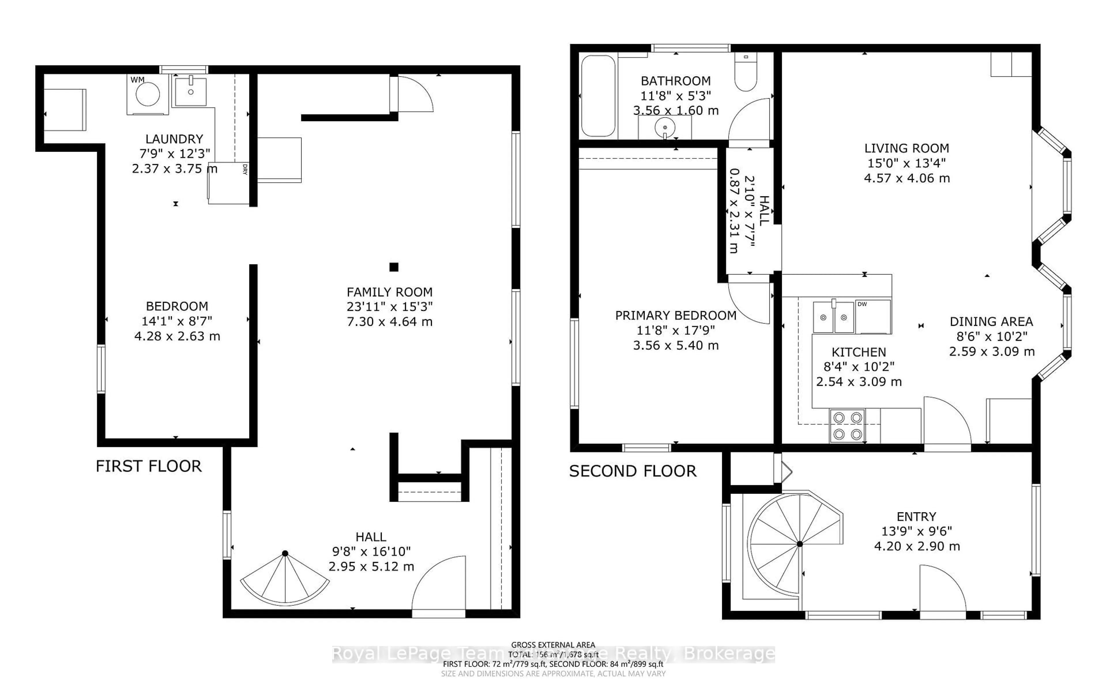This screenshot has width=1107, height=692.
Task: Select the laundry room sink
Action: point(190,91)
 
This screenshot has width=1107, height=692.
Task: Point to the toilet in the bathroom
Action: point(745,73)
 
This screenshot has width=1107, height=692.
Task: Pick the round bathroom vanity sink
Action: point(665,127)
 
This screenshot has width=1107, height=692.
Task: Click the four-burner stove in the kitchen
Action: point(847,426)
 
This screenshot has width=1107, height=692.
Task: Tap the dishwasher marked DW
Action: point(873,317)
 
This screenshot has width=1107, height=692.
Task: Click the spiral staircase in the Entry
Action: point(796,545)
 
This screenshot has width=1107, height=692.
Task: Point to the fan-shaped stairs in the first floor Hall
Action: point(285,579)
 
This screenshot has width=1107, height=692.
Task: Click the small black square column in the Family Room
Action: point(394,267)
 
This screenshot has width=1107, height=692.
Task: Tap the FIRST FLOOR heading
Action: point(149,466)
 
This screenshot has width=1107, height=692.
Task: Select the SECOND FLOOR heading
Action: point(633,471)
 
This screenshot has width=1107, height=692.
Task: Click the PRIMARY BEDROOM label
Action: point(676,315)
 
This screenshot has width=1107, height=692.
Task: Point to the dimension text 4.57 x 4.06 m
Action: point(907,178)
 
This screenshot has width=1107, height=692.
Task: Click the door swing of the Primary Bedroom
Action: point(750,302)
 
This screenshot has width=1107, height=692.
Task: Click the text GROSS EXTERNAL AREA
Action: point(553,645)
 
